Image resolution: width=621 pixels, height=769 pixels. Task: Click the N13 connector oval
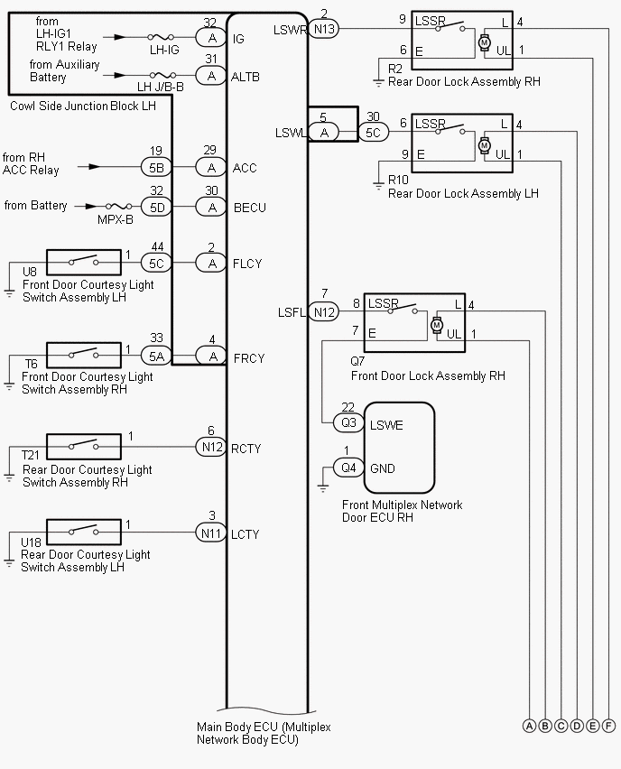[x=324, y=29]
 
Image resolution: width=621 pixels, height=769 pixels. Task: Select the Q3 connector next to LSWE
[x=348, y=422]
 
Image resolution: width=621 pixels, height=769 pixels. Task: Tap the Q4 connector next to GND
[x=348, y=468]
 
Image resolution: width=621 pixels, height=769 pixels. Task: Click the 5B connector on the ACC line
[x=156, y=167]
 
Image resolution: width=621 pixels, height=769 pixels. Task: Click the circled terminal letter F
[x=609, y=726]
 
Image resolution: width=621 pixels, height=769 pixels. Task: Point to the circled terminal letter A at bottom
[x=529, y=726]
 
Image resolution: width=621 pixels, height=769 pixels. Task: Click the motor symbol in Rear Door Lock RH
[x=484, y=42]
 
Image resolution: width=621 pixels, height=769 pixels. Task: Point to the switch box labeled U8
[x=83, y=263]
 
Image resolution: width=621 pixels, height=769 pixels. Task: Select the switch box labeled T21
[x=83, y=445]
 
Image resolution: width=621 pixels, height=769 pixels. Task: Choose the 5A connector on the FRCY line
[x=156, y=357]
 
